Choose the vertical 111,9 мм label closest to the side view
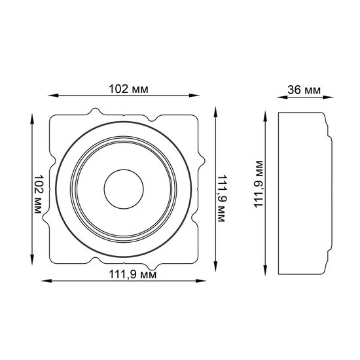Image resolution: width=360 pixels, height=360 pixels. [x=260, y=186]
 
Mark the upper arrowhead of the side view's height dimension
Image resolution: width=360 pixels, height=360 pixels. [x=266, y=113]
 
